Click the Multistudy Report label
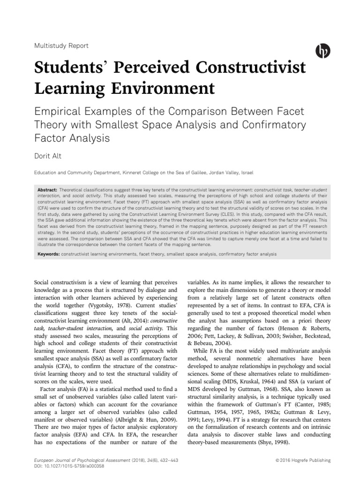point(62,46)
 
